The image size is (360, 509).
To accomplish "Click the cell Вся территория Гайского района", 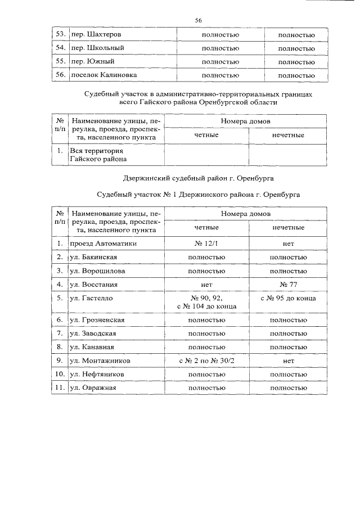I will [96, 155].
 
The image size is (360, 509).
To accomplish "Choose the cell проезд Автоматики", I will [103, 244].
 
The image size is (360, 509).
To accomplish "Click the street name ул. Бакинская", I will [93, 257].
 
